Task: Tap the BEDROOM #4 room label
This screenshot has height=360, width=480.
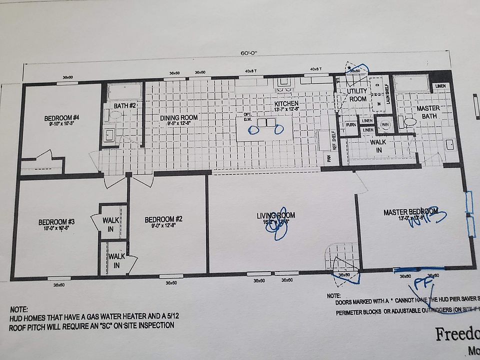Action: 61,118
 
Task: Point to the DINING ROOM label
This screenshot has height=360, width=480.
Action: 178,118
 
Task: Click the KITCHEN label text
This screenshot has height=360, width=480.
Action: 286,103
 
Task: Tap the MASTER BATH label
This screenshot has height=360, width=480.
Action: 428,112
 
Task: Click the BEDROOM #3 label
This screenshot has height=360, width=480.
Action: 56,222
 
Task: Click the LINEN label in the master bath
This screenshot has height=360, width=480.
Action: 440,86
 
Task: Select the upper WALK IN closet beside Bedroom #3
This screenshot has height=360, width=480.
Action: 110,224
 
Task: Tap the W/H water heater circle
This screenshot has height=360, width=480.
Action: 385,124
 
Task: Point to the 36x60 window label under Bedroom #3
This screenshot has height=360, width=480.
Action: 58,285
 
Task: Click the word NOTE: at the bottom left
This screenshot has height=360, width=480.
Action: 18,310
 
